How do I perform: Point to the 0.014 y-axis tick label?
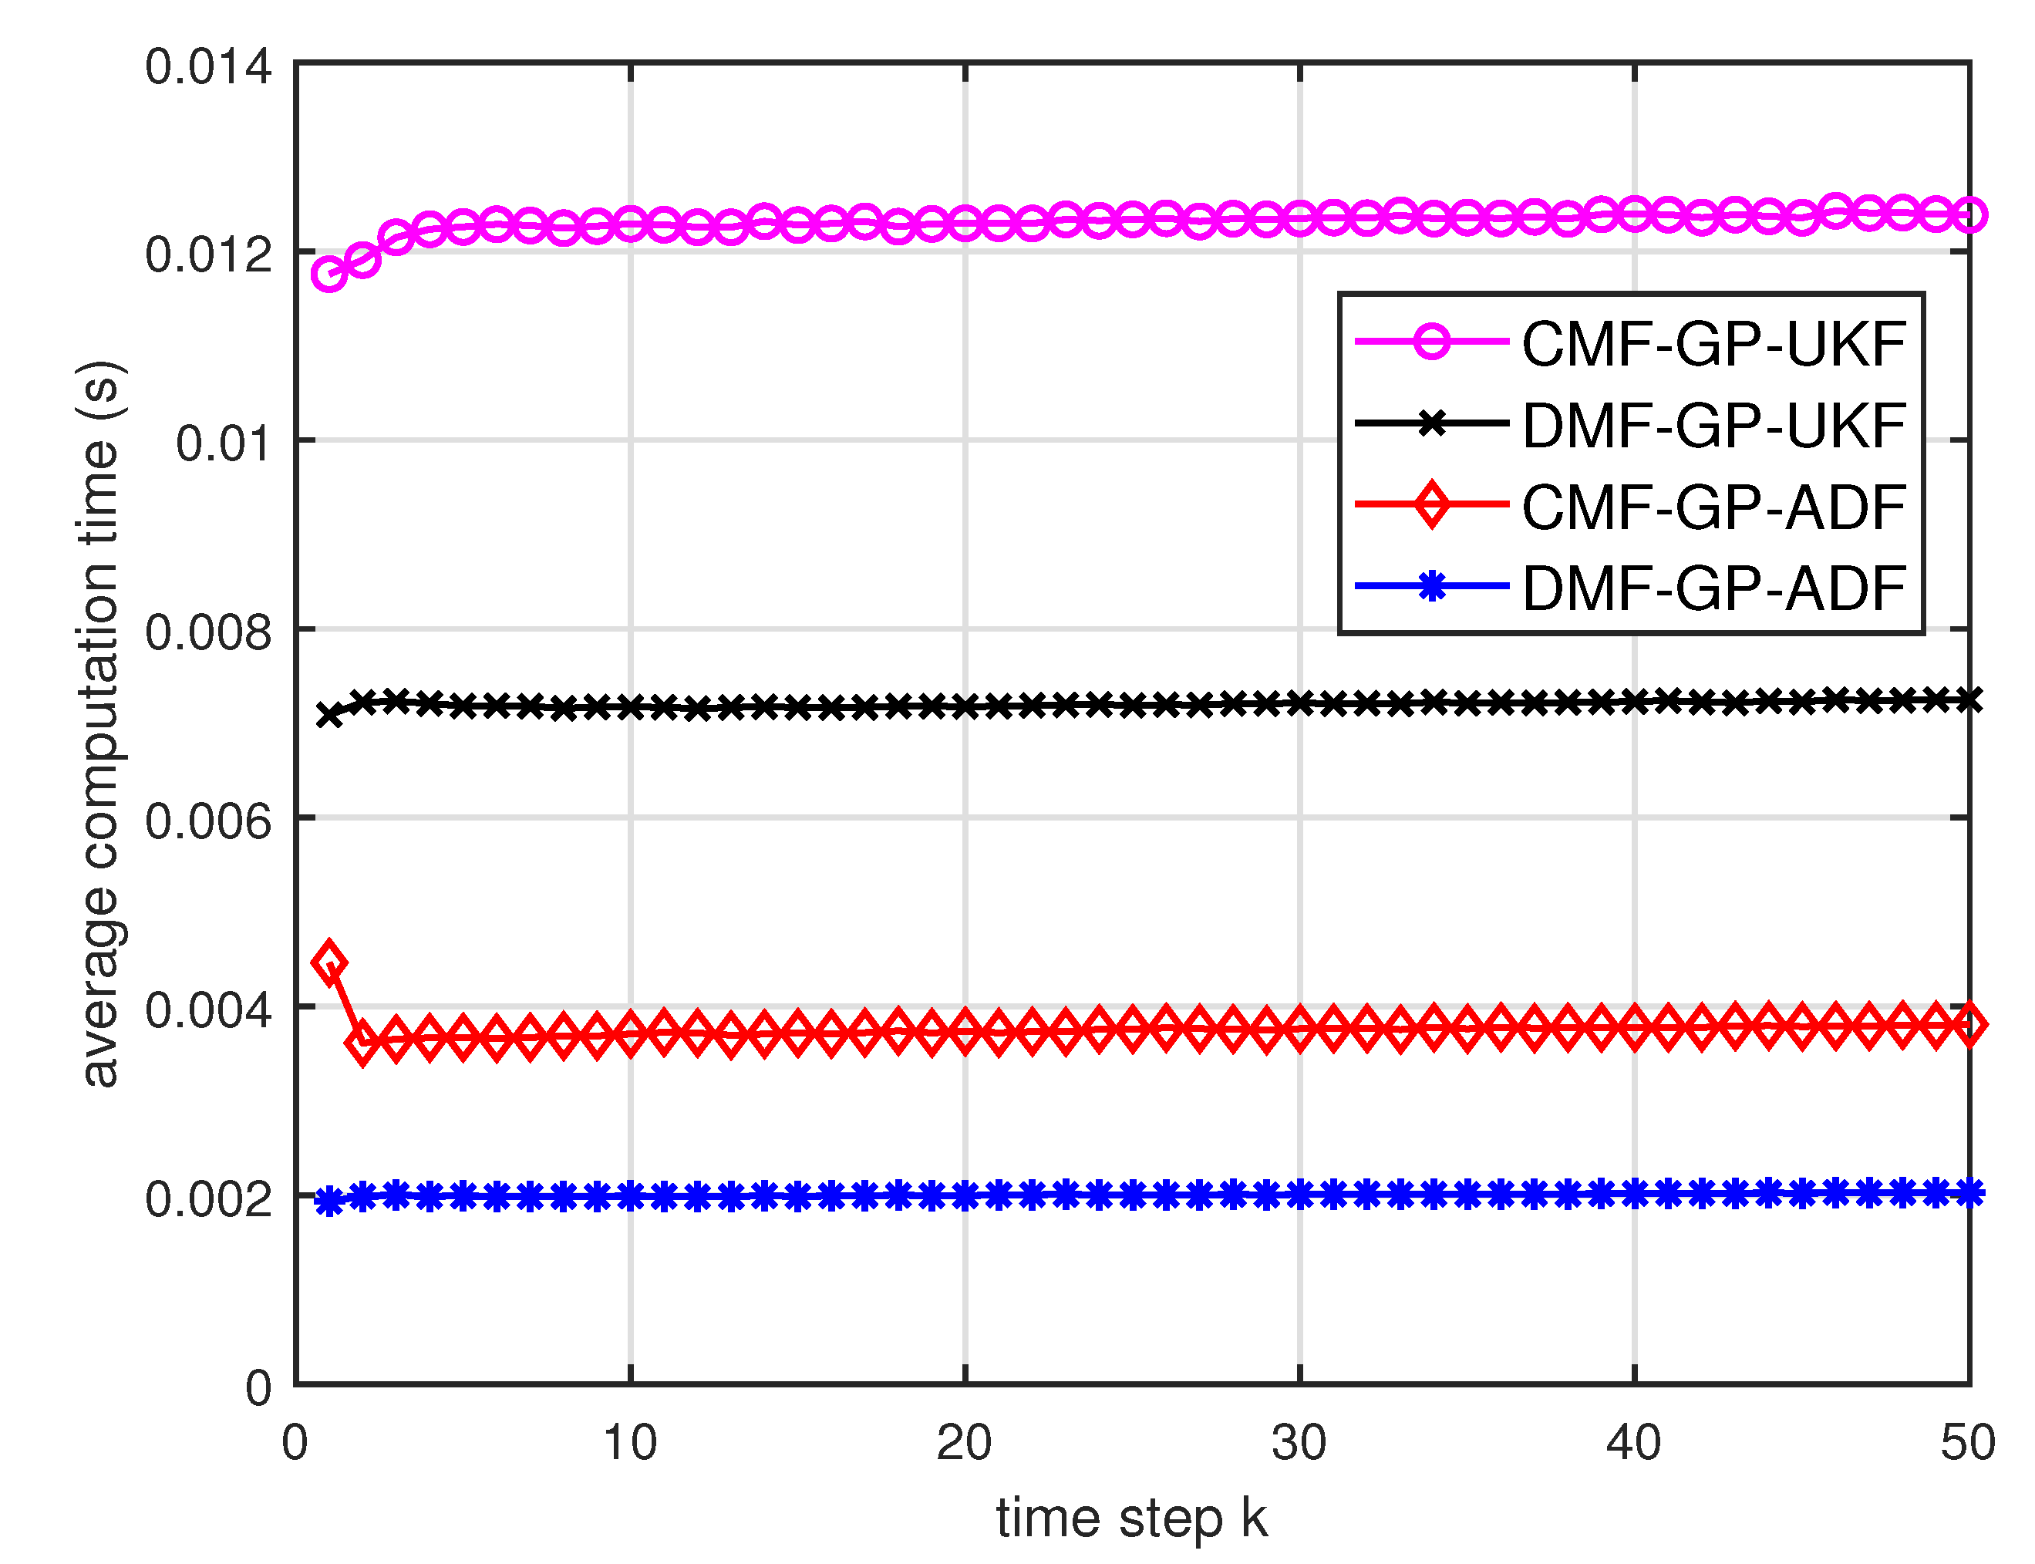pyautogui.click(x=207, y=67)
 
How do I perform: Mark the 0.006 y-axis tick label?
pyautogui.click(x=207, y=820)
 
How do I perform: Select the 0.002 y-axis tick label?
pyautogui.click(x=207, y=1198)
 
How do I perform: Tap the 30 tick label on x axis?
pyautogui.click(x=1299, y=1443)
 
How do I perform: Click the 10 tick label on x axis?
pyautogui.click(x=629, y=1443)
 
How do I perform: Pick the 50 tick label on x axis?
pyautogui.click(x=1967, y=1443)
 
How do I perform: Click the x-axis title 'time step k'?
pyautogui.click(x=1131, y=1518)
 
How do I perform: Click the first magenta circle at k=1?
pyautogui.click(x=328, y=274)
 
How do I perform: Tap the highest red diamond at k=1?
pyautogui.click(x=328, y=962)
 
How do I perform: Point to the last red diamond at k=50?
pyautogui.click(x=1969, y=1024)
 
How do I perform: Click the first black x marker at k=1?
pyautogui.click(x=328, y=715)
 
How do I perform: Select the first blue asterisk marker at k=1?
pyautogui.click(x=328, y=1202)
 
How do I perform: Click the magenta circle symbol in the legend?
pyautogui.click(x=1431, y=342)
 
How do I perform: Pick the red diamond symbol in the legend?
pyautogui.click(x=1431, y=504)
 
